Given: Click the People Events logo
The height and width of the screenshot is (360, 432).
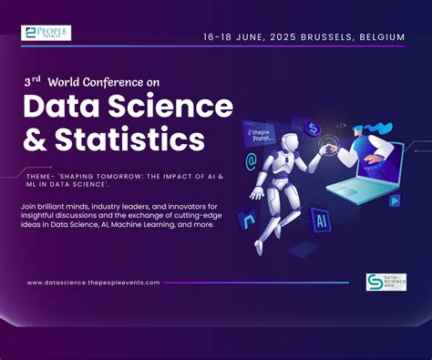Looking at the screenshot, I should point(46,33).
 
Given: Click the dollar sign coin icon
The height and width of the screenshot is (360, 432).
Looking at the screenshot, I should point(313,128).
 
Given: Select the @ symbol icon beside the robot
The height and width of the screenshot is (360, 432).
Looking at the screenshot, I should point(251,161).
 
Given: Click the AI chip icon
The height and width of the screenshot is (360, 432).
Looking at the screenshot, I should point(319,219).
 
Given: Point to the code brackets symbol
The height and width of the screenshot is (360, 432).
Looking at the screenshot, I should point(341,126).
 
